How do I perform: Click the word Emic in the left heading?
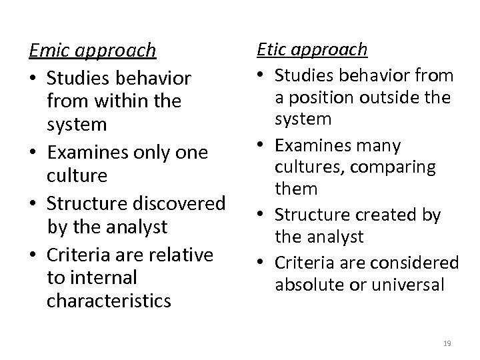pos(49,51)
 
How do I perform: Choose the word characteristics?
pos(109,301)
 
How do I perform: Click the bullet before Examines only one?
pos(34,153)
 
